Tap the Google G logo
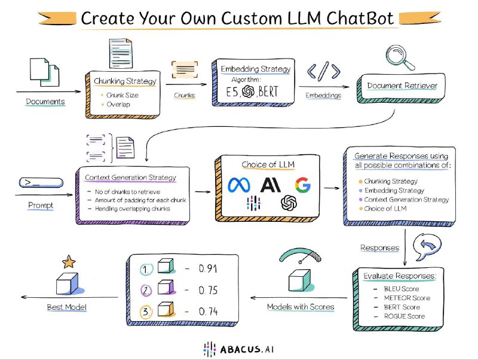(x=302, y=185)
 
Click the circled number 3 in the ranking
(x=146, y=312)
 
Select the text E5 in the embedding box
(x=234, y=92)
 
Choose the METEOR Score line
(x=407, y=298)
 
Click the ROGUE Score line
(x=405, y=316)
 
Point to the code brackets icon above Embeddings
(x=324, y=71)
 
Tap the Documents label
(x=45, y=101)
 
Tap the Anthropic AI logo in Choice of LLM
(x=272, y=185)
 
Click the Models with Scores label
(x=300, y=307)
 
